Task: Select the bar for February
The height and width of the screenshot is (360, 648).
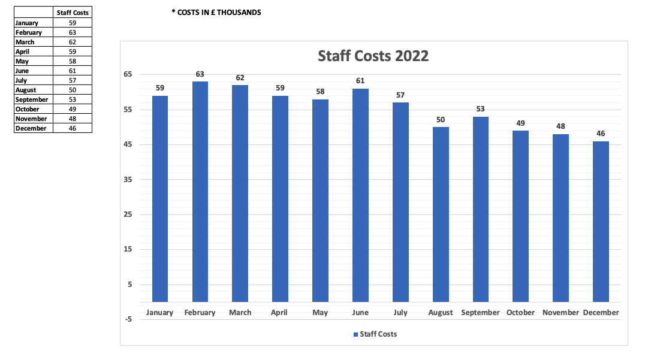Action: pos(200,192)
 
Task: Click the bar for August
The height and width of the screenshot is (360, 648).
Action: pos(441,214)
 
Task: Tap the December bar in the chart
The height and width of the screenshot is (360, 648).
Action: pos(601,222)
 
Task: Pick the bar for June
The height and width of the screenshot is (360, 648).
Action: pos(360,195)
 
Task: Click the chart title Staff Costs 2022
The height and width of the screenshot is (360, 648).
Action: pos(373,56)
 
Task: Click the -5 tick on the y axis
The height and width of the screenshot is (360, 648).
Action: pos(128,319)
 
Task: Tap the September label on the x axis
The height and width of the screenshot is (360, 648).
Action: pos(480,313)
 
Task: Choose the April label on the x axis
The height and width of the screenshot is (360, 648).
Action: pos(279,313)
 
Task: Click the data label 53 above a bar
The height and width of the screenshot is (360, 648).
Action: pos(481,109)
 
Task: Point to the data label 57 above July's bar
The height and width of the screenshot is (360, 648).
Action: pos(400,95)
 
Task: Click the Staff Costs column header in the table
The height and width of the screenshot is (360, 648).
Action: pos(73,13)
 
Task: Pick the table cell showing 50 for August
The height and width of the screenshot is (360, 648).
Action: pos(73,90)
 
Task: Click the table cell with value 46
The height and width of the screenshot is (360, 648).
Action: pos(73,128)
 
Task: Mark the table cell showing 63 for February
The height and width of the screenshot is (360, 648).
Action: pos(73,32)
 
